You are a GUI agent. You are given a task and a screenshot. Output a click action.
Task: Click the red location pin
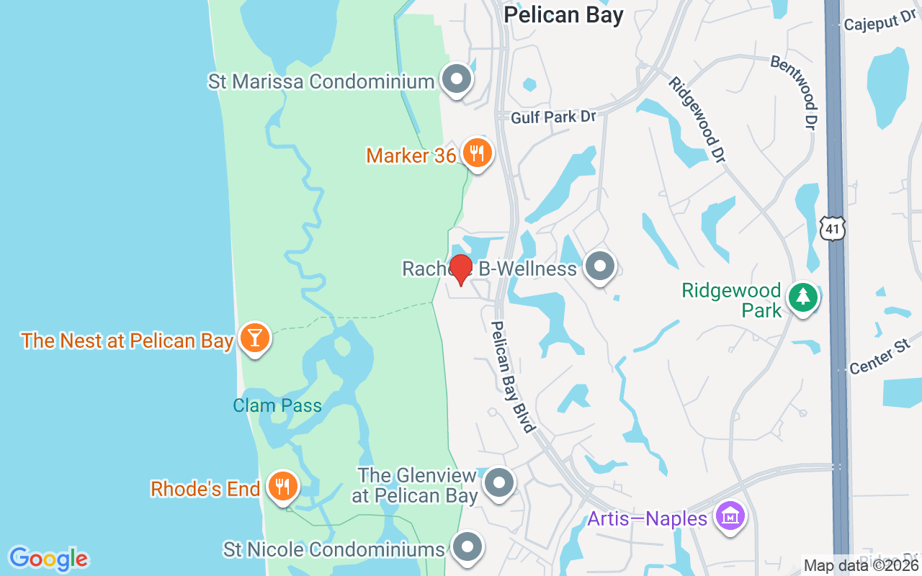point(460,269)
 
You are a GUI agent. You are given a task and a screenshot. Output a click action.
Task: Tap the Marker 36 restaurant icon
point(476,153)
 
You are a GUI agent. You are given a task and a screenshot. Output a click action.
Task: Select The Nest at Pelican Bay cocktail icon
point(254,337)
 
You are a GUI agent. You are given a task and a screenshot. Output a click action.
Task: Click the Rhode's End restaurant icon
point(282,486)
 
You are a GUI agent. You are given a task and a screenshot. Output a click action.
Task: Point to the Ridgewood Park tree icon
point(802,297)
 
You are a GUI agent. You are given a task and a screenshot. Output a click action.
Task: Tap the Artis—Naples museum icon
point(730,516)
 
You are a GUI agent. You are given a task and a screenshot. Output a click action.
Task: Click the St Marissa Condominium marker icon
point(456,79)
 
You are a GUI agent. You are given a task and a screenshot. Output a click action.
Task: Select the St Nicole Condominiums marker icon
point(467,547)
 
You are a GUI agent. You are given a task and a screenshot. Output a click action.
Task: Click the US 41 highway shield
point(833,229)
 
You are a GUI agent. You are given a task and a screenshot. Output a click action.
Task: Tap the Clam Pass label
point(277,405)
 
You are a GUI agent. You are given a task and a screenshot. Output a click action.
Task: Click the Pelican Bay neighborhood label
point(563,15)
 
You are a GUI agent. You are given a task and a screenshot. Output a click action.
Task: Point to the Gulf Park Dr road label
point(553,117)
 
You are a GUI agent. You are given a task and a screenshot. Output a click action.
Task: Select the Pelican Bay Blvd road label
point(514,377)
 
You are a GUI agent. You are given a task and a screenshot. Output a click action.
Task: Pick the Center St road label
point(880,358)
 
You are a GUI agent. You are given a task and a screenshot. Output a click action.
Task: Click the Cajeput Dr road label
point(880,24)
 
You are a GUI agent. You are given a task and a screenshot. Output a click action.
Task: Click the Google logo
point(48,559)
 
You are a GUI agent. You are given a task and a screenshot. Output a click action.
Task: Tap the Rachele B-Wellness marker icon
point(599,266)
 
